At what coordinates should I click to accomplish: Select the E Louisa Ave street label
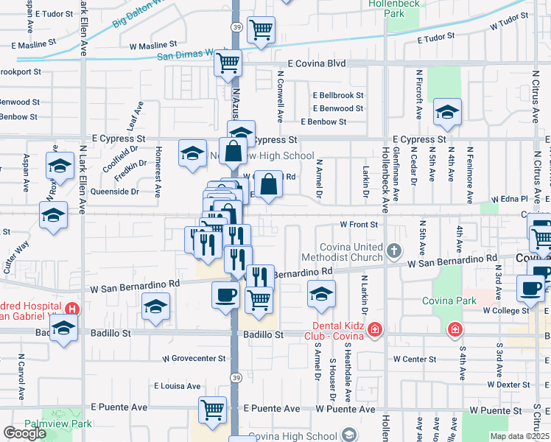pyautogui.click(x=177, y=385)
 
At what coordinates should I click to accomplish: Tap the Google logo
pyautogui.click(x=24, y=433)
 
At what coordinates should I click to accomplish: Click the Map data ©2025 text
pyautogui.click(x=520, y=436)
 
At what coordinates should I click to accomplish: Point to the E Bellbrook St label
pyautogui.click(x=337, y=96)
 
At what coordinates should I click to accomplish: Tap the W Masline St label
pyautogui.click(x=153, y=46)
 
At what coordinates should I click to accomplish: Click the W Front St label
pyautogui.click(x=358, y=224)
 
